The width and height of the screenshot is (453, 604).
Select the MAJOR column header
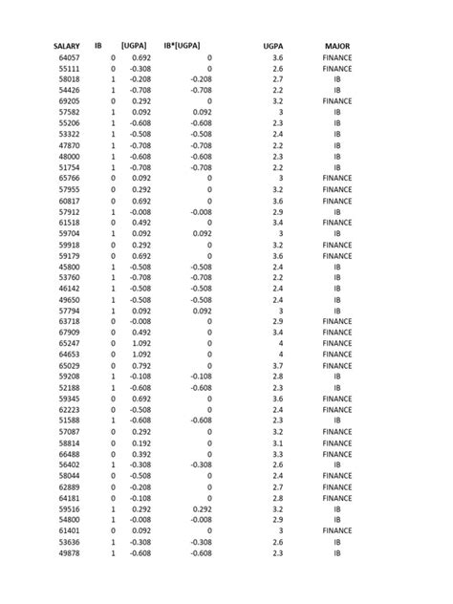336,46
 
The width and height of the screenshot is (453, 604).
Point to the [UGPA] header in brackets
134,46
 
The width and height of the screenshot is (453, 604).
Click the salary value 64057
69,58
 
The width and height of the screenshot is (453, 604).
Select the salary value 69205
69,100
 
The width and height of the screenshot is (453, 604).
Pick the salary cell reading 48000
69,156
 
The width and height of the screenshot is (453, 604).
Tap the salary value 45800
69,267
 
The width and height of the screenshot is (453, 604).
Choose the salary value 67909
69,333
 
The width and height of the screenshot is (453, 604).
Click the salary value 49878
69,552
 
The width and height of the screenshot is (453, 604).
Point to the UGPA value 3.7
277,365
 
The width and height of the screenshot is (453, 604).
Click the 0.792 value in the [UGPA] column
140,365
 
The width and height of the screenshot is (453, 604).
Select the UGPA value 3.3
277,453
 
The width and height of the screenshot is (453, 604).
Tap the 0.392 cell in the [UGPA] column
140,453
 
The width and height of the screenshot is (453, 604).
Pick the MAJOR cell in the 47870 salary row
336,145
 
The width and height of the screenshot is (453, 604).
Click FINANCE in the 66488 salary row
336,453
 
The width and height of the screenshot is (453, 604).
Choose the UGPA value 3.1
277,442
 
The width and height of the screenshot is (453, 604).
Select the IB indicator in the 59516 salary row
113,508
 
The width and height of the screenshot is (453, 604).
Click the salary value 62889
69,486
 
